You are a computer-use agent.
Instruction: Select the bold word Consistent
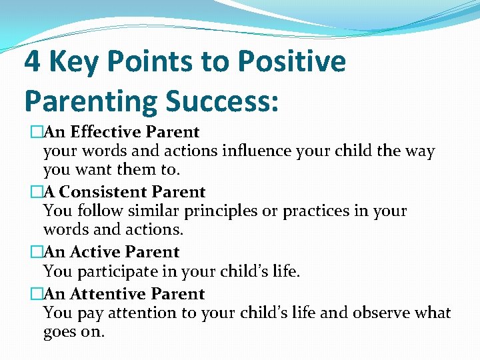tap(111, 192)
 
